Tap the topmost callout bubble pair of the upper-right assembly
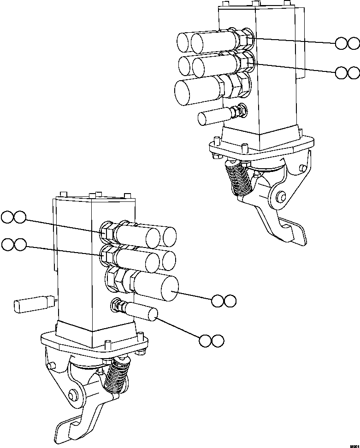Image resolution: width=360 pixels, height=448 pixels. point(347,44)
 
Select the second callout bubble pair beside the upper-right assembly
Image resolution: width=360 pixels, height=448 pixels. point(347,72)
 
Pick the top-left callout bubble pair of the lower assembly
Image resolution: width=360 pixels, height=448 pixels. point(13,217)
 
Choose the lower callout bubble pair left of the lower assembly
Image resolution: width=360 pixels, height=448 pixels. point(13,245)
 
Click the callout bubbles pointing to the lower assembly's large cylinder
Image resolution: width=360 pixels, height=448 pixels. point(224,301)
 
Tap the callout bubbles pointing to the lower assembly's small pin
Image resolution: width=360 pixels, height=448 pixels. point(212,341)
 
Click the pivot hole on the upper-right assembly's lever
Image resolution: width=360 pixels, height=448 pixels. point(280,197)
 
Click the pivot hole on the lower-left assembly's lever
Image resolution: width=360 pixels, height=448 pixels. point(72,395)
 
